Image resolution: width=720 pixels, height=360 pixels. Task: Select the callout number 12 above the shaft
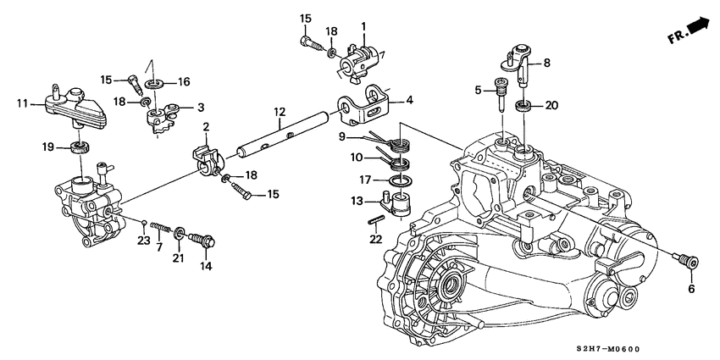[x=277, y=111]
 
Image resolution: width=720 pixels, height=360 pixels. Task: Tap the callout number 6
[x=691, y=289]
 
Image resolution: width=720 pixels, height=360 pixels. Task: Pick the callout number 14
[x=204, y=265]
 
